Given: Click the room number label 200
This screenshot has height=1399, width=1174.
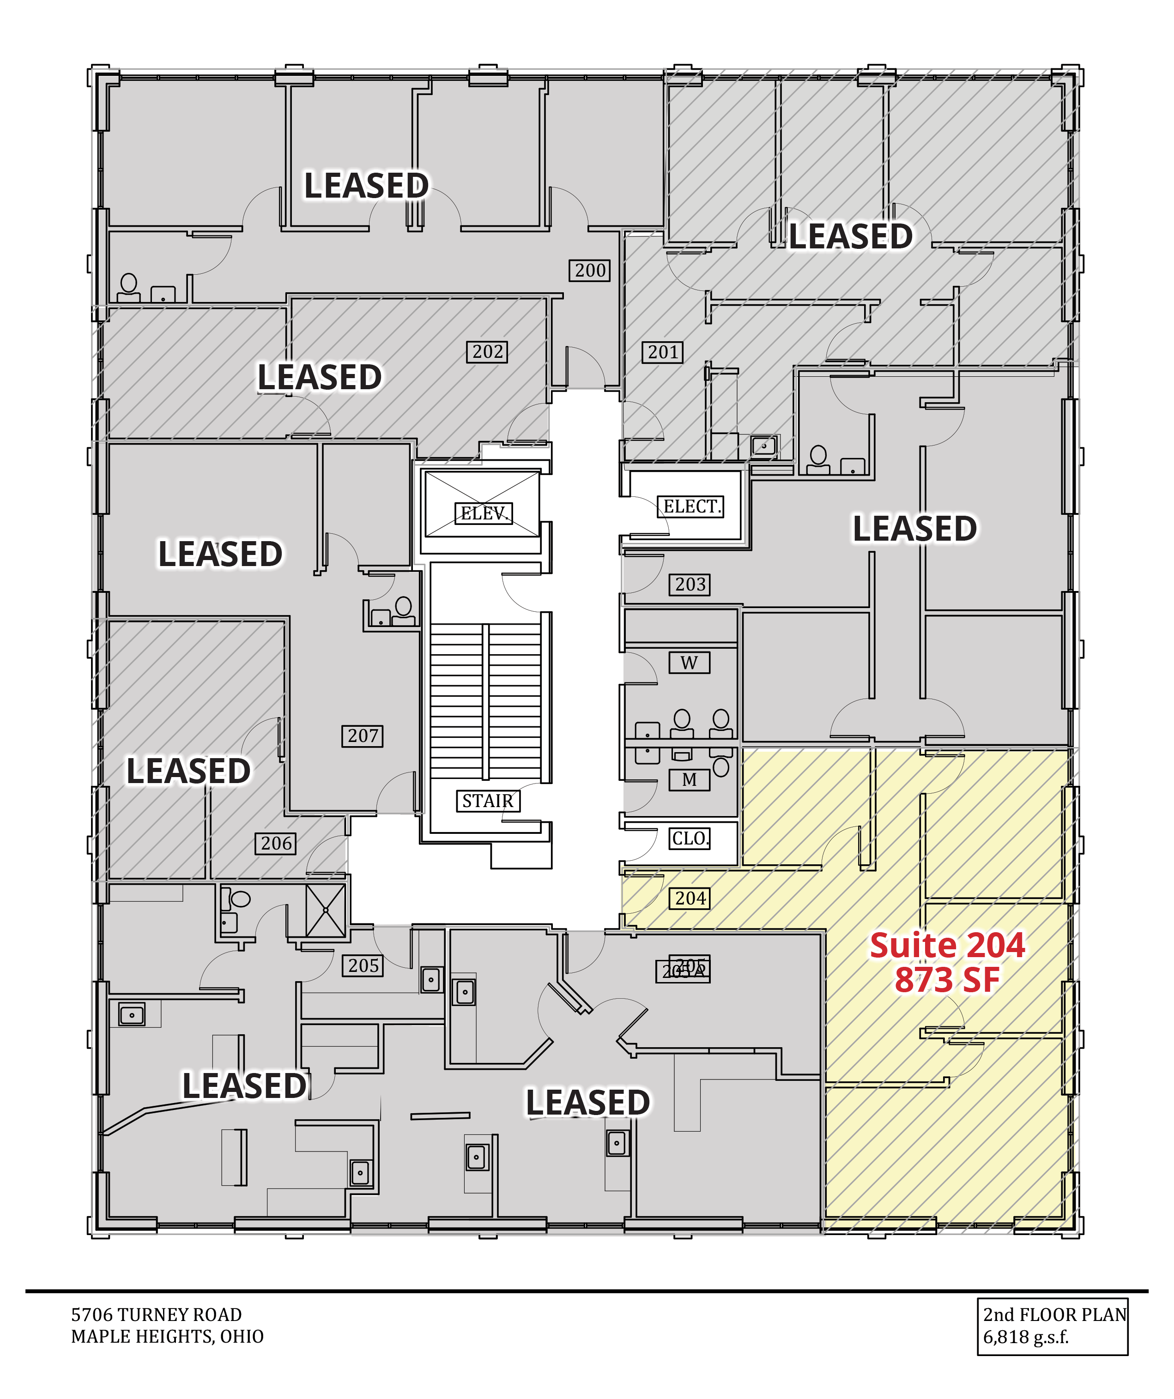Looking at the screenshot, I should pos(590,271).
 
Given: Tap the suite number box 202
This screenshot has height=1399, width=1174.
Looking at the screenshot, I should pos(487,352).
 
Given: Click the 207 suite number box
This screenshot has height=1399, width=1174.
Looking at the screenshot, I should pos(363,736).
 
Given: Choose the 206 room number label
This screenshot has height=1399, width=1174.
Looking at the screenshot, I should pos(276,844).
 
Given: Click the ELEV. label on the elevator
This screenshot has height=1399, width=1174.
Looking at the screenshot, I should pos(484,513).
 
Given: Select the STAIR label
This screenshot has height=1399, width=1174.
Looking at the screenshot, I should pos(488,801).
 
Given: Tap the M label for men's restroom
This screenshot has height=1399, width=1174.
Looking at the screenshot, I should pos(689,779).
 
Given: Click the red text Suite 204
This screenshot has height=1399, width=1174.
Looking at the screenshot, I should pos(947,946).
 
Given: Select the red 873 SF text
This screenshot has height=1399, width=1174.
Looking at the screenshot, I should pos(947,980).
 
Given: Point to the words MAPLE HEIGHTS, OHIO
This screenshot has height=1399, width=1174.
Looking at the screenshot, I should pos(167,1336).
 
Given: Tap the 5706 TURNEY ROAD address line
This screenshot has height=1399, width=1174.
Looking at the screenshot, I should pos(157,1315).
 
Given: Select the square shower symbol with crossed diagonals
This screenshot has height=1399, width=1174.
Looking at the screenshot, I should pos(326,910).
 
